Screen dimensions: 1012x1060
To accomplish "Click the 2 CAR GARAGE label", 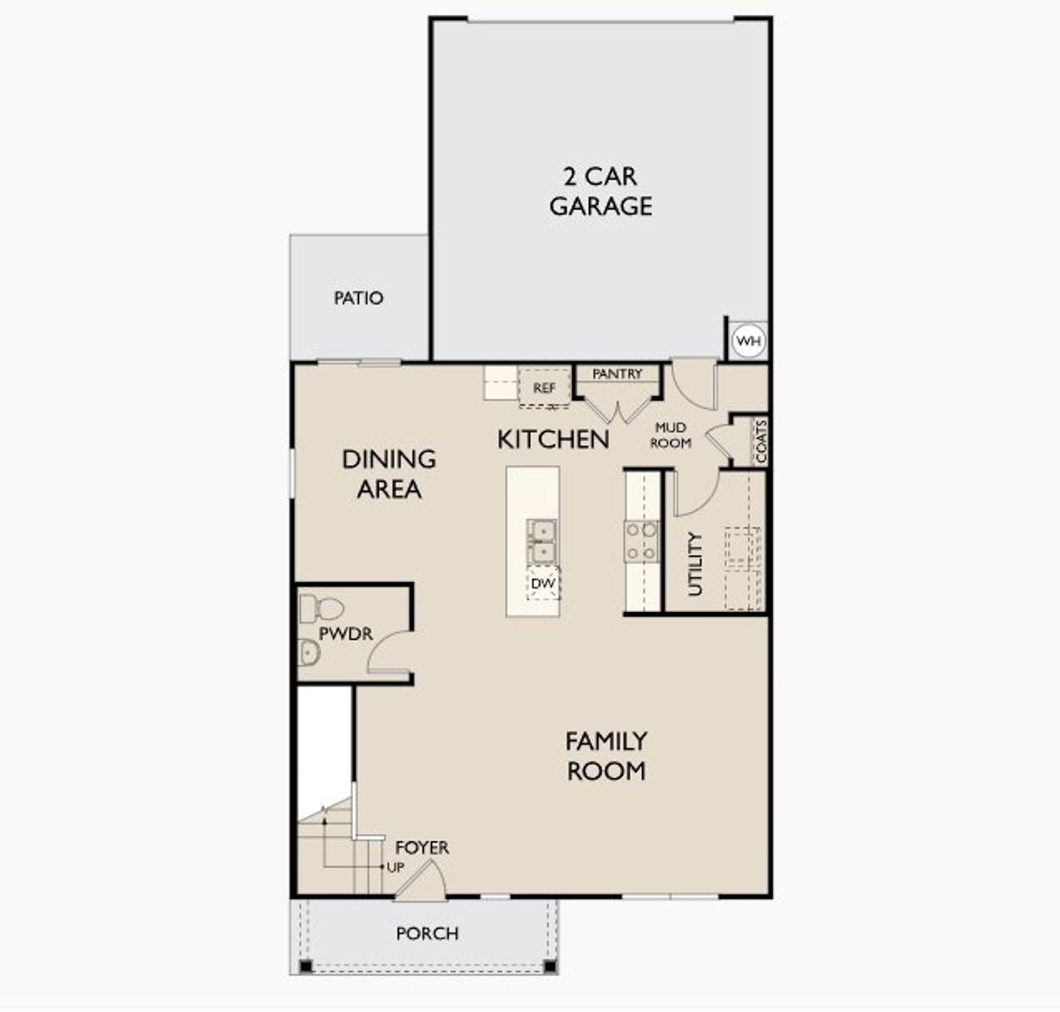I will pos(600,191).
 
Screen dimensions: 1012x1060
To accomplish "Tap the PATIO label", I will pos(359,298).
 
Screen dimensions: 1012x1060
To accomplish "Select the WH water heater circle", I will pos(748,341).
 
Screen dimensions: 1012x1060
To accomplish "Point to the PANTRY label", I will pos(617,374).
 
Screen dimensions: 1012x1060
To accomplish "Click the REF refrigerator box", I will pos(544,388).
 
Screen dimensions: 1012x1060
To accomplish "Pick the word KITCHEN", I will pos(553,440).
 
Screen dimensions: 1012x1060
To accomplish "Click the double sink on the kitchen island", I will pos(542,540).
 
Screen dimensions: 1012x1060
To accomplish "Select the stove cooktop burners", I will pos(641,541).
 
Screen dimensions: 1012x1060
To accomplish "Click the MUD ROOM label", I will pos(670,436).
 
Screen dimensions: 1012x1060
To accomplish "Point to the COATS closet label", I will pos(761,441).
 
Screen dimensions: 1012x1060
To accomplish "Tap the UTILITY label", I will pos(696,564).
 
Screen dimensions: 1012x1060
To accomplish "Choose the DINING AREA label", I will pos(388,474).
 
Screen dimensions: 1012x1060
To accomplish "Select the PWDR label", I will pos(346,634).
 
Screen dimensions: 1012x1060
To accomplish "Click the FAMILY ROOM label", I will pos(606,755).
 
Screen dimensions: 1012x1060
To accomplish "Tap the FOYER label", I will pos(422,848).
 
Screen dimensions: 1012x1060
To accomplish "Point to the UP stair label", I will pos(396,868).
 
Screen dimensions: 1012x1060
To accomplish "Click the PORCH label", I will pos(426,934).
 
